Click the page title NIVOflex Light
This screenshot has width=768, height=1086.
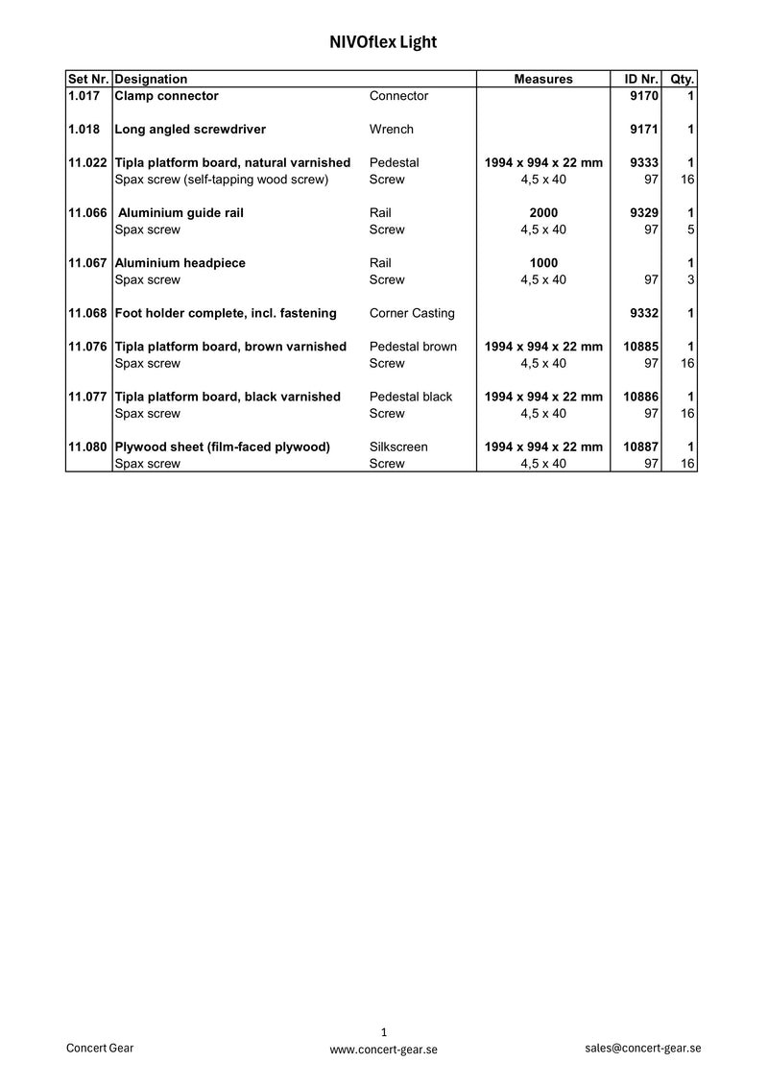click(x=383, y=42)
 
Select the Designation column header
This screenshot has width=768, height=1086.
click(x=151, y=79)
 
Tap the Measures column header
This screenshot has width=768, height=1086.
click(x=543, y=79)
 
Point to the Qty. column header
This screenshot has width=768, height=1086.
click(x=683, y=79)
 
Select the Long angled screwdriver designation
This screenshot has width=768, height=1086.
click(x=190, y=130)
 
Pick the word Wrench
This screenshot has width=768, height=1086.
click(x=392, y=130)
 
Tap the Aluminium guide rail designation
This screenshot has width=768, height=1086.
click(x=180, y=213)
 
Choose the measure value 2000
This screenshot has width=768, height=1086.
click(x=543, y=213)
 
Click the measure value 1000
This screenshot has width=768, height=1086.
click(x=543, y=263)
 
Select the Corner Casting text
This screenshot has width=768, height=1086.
click(x=412, y=313)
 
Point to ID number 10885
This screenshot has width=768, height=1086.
click(x=639, y=347)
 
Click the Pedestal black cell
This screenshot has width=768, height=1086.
click(x=411, y=397)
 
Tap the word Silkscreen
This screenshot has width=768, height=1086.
click(x=398, y=446)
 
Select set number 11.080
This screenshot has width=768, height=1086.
click(x=87, y=446)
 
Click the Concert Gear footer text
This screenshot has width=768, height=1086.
click(x=100, y=1048)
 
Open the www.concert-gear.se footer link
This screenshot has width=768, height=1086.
click(x=383, y=1050)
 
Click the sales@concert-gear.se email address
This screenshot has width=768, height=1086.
click(x=642, y=1048)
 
